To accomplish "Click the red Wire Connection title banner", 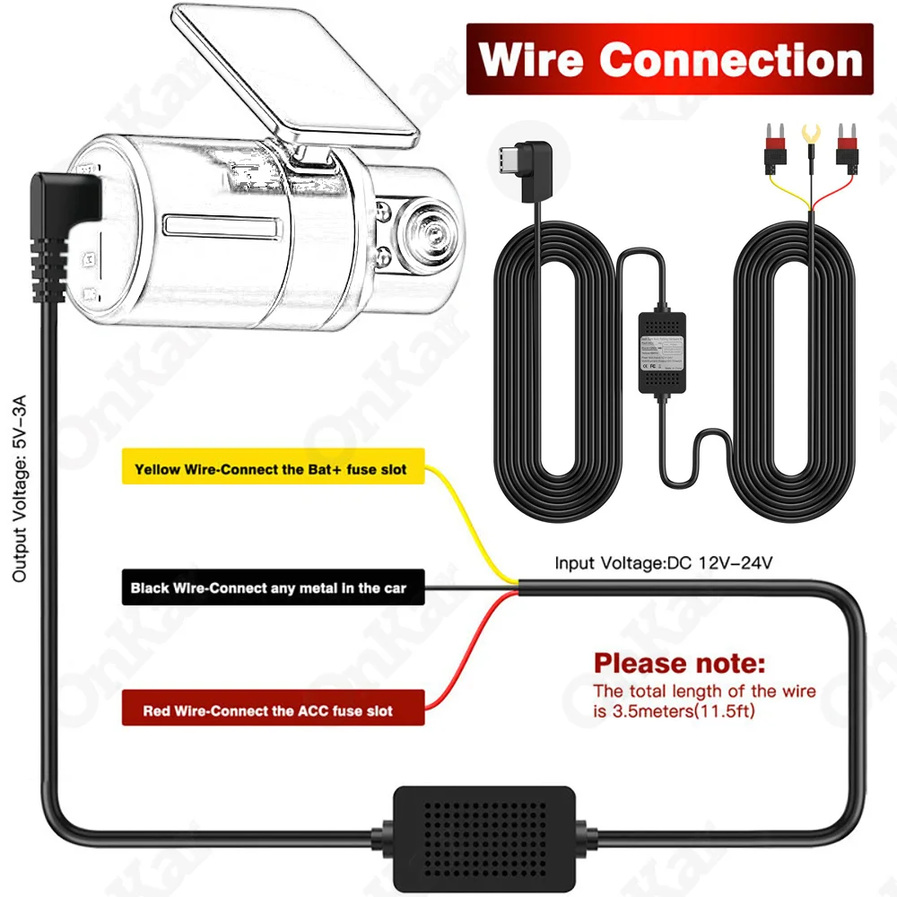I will pos(669,59).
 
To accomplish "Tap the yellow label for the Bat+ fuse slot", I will pos(270,468).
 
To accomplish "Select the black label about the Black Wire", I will pos(268,588).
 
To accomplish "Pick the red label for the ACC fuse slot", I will pos(268,710).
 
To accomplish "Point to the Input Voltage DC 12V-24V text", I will pos(663,563).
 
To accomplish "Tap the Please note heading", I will pos(680,665).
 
